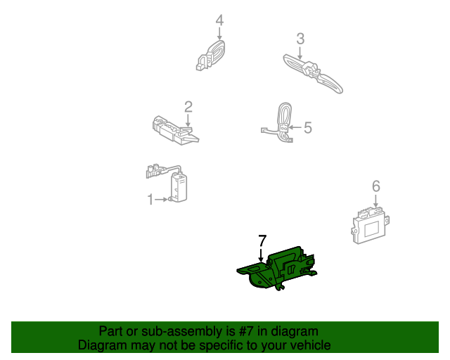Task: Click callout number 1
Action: click(150, 200)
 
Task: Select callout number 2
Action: click(188, 107)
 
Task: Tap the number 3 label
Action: click(300, 39)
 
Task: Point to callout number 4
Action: click(219, 20)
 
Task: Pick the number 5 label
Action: click(307, 128)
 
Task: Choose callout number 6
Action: click(376, 186)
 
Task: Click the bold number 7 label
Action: click(262, 240)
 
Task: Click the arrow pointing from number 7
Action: click(262, 256)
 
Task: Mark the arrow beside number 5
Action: click(295, 128)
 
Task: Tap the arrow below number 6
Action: click(376, 202)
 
